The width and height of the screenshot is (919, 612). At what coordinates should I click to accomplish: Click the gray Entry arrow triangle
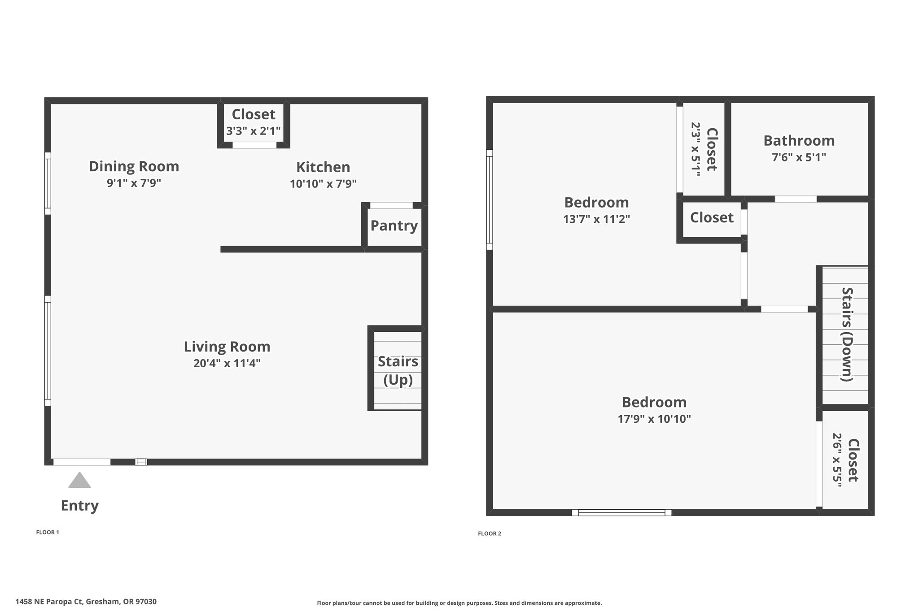point(79,480)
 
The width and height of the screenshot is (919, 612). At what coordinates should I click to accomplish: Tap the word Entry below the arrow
point(79,506)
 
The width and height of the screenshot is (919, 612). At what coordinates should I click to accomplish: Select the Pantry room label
point(394,226)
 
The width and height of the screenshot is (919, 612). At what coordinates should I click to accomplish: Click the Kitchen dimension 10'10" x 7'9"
point(323,184)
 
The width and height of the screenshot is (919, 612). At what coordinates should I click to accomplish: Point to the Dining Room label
point(134,166)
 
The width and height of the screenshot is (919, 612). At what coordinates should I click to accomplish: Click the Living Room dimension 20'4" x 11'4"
point(227,363)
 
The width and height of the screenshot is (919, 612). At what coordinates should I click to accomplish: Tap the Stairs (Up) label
point(398,370)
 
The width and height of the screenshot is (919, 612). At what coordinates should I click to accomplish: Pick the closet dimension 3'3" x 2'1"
point(254,131)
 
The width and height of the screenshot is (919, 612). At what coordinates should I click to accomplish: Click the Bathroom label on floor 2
point(799,141)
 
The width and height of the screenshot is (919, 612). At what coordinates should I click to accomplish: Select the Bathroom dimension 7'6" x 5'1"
point(799,157)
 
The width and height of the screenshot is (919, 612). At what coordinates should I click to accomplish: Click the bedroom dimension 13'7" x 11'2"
point(597,219)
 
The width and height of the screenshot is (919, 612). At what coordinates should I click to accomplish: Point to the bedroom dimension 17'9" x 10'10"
point(654,419)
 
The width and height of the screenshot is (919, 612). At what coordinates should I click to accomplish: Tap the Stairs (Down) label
point(847,334)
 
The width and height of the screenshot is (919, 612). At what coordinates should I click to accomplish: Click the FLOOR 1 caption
point(48,533)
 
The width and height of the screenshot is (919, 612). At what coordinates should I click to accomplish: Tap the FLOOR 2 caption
point(490,534)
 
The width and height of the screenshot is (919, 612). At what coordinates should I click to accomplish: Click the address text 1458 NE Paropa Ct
point(49,602)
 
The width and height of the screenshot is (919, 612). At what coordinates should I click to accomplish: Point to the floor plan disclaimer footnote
point(459,603)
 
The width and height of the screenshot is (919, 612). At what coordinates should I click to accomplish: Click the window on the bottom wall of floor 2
point(621,512)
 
